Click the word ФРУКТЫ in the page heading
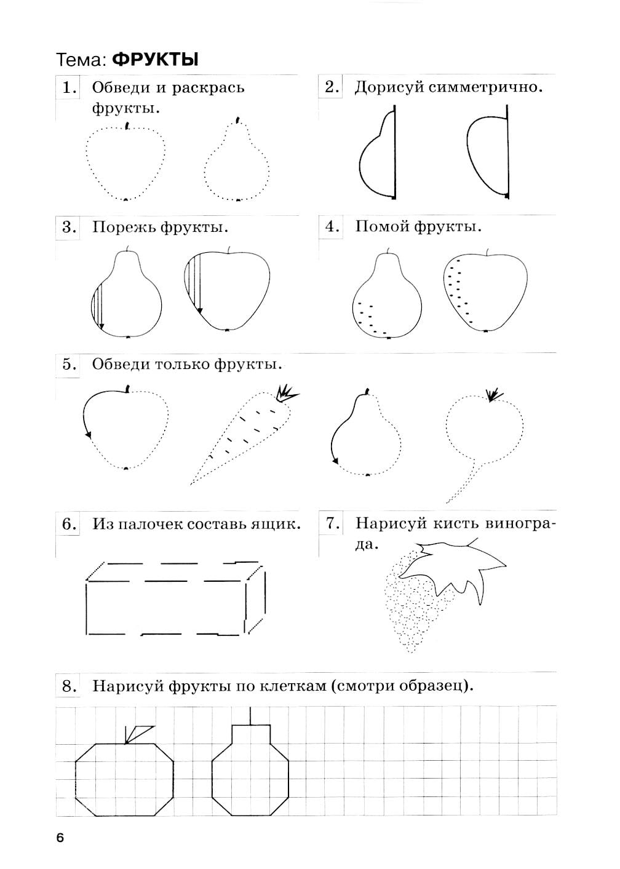tap(156, 60)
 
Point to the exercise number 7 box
tap(333, 523)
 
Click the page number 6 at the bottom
tap(60, 838)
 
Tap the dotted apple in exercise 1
tap(125, 162)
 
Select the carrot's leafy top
tap(285, 392)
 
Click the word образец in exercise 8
tap(434, 686)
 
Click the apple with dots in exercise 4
tap(485, 292)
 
